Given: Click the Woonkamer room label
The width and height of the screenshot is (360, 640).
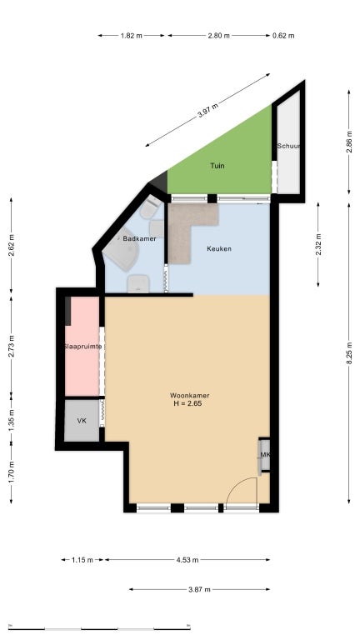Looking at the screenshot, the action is pyautogui.click(x=189, y=396).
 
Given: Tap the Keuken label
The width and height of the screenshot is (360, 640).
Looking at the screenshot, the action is pyautogui.click(x=219, y=248).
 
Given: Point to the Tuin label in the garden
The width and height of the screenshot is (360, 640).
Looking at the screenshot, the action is pyautogui.click(x=217, y=166).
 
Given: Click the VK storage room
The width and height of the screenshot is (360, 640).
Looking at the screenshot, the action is pyautogui.click(x=82, y=420).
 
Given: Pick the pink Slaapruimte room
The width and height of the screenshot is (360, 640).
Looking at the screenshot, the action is pyautogui.click(x=82, y=346).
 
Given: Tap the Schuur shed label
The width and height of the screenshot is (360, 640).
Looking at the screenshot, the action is pyautogui.click(x=289, y=146).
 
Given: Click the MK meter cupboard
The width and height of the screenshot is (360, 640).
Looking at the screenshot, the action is pyautogui.click(x=264, y=455).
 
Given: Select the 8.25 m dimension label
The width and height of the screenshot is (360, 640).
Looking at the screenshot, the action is pyautogui.click(x=349, y=354).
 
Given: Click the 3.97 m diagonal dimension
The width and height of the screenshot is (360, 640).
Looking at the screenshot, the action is pyautogui.click(x=207, y=110).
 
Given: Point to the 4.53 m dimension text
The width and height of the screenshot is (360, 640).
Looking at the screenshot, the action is pyautogui.click(x=187, y=560).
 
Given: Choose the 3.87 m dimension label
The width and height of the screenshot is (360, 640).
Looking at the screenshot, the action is pyautogui.click(x=200, y=589).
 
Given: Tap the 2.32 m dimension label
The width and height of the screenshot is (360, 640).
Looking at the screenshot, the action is pyautogui.click(x=318, y=244).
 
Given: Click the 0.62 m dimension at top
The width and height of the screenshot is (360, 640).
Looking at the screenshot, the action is pyautogui.click(x=283, y=36).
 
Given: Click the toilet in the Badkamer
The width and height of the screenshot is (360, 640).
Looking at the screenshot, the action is pyautogui.click(x=149, y=207).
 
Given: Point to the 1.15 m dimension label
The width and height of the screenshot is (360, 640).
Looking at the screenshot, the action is pyautogui.click(x=82, y=560).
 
